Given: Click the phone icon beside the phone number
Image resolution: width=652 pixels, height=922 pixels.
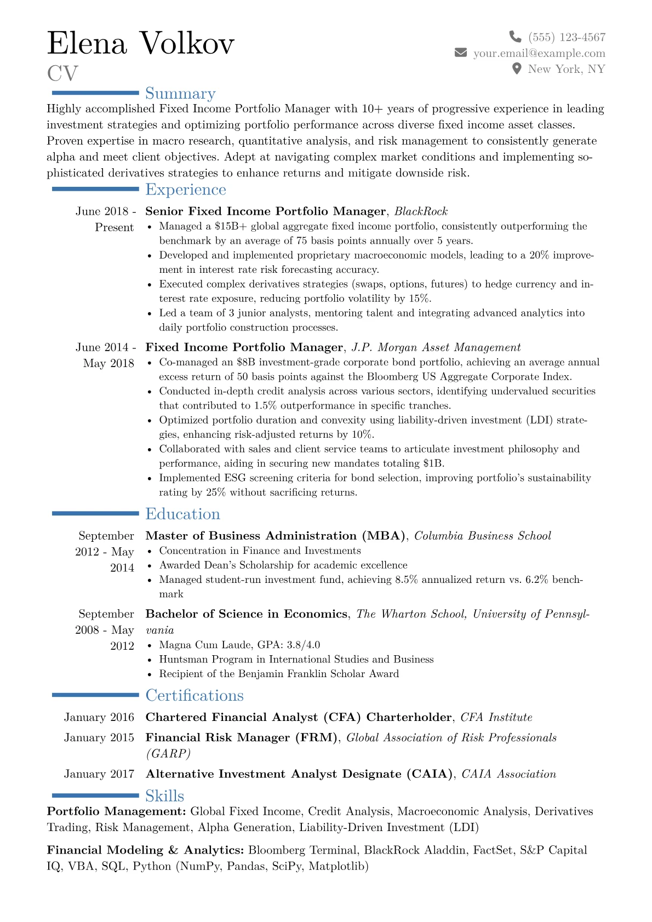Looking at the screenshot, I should (515, 37).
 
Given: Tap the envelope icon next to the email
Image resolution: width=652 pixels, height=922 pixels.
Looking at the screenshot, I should (461, 53).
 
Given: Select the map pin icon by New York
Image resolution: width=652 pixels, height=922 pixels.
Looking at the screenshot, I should (516, 68).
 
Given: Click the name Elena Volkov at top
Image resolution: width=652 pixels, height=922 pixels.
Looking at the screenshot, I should (141, 43).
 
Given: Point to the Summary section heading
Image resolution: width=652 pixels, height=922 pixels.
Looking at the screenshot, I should (180, 94).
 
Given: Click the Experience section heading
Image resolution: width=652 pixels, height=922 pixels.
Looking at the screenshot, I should (186, 190).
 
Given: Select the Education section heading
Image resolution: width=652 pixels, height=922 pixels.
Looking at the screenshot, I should (182, 514).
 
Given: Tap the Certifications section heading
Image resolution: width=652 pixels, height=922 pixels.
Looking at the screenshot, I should (195, 695).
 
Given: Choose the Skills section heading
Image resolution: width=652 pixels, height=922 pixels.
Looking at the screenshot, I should (164, 796).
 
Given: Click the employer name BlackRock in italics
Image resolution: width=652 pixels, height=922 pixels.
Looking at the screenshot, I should (421, 211).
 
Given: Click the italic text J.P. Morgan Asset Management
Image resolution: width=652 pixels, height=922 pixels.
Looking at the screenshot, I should (436, 347).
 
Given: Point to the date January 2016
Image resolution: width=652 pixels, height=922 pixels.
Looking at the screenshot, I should (99, 717).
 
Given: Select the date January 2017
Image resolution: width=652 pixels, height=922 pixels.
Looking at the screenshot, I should (99, 774).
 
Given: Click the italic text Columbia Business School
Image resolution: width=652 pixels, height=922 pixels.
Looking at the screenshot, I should (482, 536).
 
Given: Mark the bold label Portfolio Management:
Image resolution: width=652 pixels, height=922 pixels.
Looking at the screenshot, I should (116, 811).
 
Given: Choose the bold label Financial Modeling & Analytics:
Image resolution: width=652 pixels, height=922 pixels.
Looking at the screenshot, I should (145, 850).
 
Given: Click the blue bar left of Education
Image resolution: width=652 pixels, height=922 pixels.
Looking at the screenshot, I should (95, 513).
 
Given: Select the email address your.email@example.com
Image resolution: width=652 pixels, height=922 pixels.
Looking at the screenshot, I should (539, 53).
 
